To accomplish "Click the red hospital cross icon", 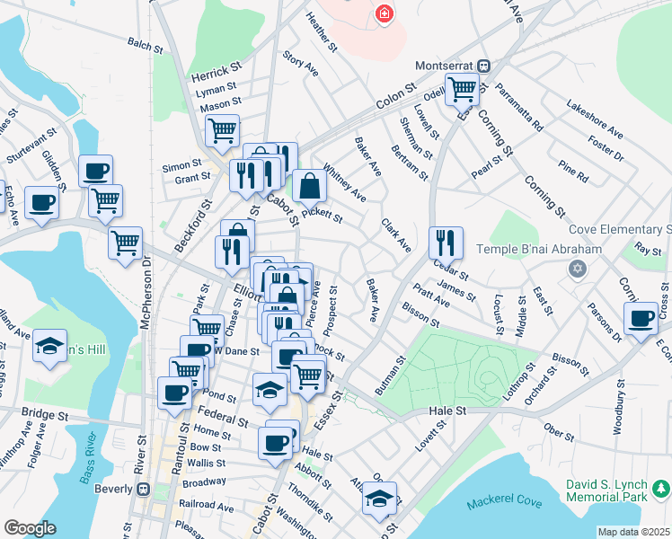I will click(385, 13).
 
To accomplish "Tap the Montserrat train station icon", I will click(483, 66).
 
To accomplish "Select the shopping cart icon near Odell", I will click(462, 89).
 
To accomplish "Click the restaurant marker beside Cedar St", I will click(446, 242).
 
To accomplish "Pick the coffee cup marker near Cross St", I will click(641, 319).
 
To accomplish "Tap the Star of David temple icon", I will click(577, 269).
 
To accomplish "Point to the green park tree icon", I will click(661, 488).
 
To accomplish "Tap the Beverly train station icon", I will click(142, 489).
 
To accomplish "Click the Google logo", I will click(30, 528).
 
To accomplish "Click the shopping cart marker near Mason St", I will click(222, 129).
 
